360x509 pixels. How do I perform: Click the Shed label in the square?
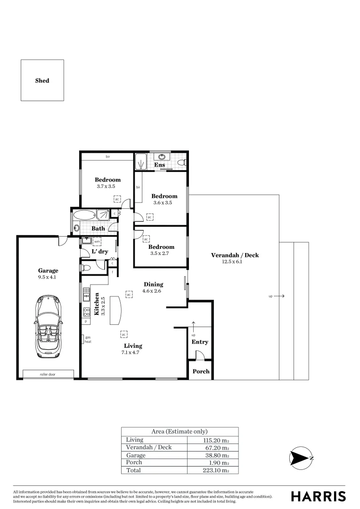click(42, 81)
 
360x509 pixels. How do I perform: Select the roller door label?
click(48, 374)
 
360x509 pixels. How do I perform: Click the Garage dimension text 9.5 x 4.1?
click(48, 278)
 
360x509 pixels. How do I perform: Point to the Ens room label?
click(159, 165)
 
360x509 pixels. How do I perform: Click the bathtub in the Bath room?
click(85, 216)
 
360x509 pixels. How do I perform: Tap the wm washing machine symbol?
click(97, 242)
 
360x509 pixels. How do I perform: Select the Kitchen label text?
click(96, 304)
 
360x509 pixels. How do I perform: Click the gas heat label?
click(88, 339)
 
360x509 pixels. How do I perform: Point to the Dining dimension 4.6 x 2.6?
click(153, 291)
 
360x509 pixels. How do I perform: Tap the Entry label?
click(200, 342)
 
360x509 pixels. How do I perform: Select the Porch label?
click(201, 371)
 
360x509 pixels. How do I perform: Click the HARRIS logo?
click(318, 496)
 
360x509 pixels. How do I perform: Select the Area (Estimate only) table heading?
click(179, 431)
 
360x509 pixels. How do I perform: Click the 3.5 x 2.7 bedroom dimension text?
click(161, 254)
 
